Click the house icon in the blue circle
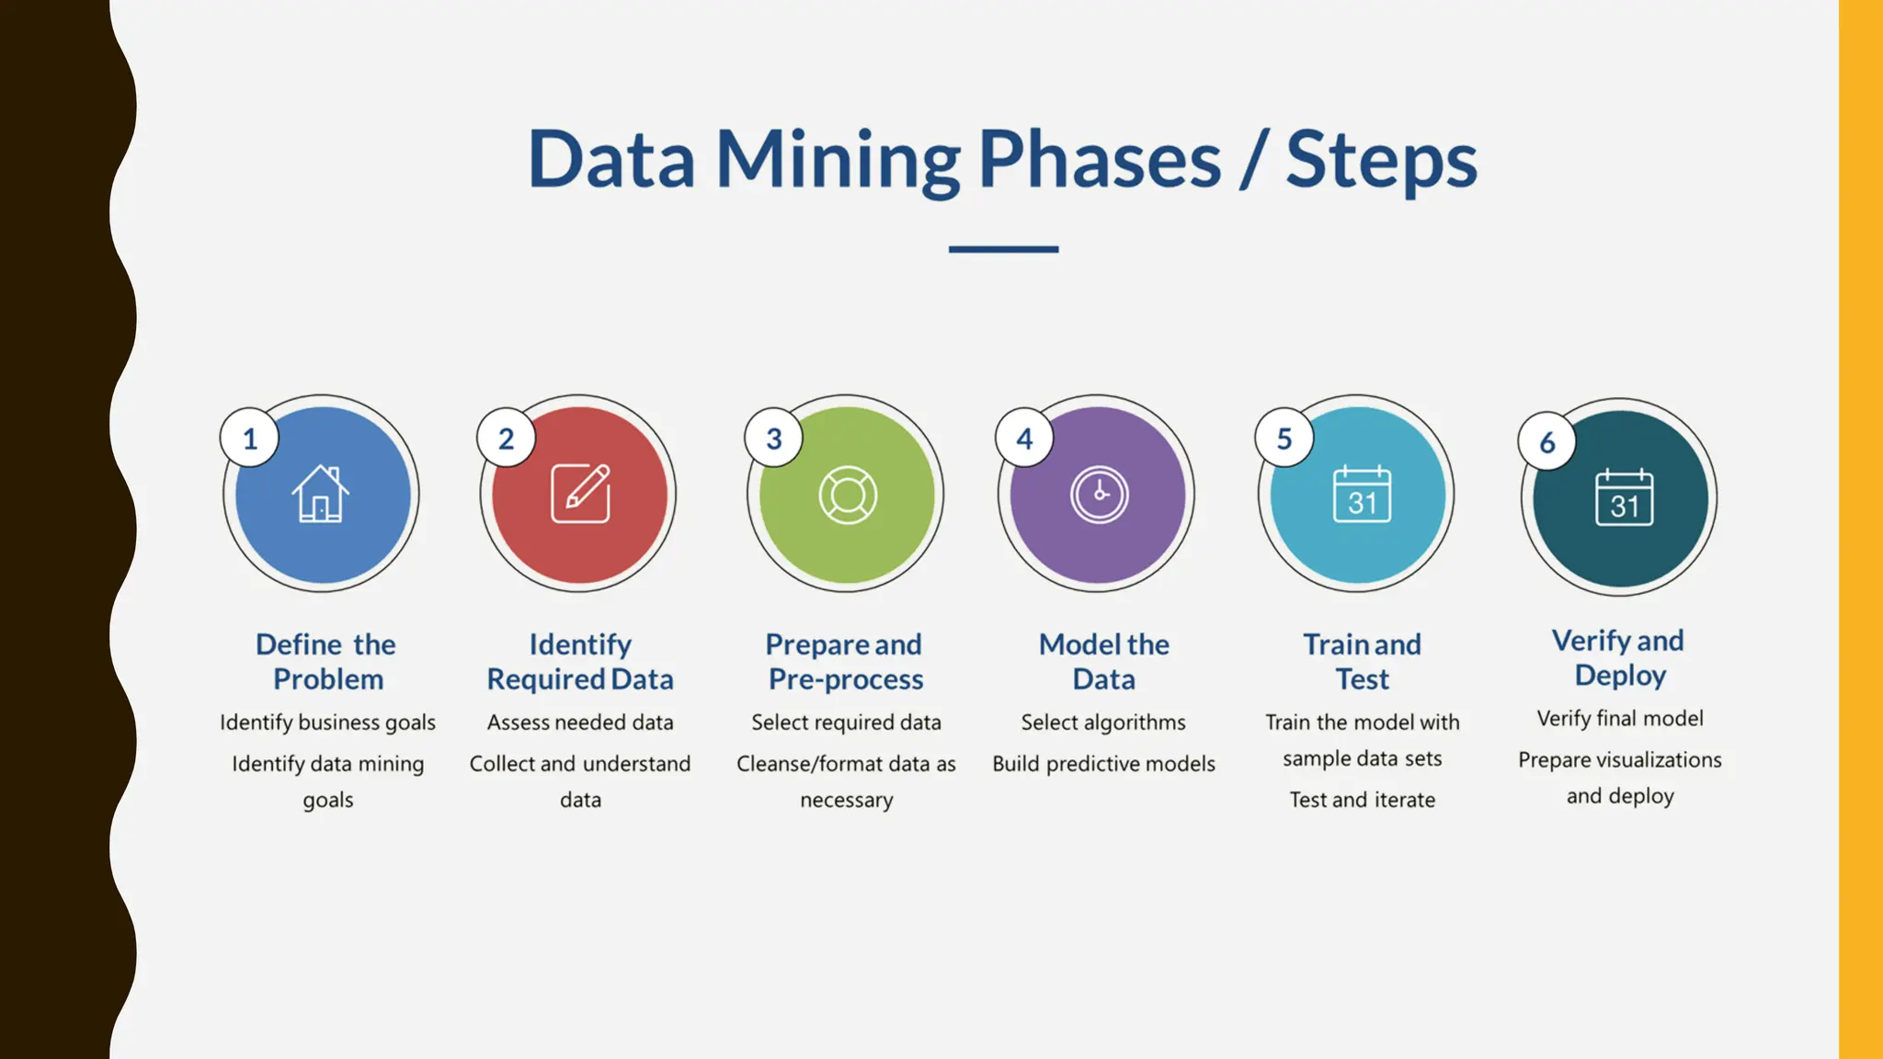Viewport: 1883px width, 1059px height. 320,495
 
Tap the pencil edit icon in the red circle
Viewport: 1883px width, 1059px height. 580,494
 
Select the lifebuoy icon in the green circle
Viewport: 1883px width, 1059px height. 848,495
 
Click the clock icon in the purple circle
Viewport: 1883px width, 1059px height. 1099,495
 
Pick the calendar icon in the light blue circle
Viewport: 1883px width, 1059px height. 1362,495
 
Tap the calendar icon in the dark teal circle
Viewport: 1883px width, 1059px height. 1624,497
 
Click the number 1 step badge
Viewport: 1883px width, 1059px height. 250,438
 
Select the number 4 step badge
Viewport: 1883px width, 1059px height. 1024,438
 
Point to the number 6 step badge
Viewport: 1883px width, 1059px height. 1547,442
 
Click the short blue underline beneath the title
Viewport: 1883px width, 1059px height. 1003,249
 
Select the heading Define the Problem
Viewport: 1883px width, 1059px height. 326,661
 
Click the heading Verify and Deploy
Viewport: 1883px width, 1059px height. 1619,657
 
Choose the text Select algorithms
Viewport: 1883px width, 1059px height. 1103,723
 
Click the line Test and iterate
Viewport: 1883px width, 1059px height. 1362,800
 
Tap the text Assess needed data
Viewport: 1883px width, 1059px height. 580,723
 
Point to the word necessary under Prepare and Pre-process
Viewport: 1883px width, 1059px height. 846,800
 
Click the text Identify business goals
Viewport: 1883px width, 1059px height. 327,723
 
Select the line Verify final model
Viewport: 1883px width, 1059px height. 1620,719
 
